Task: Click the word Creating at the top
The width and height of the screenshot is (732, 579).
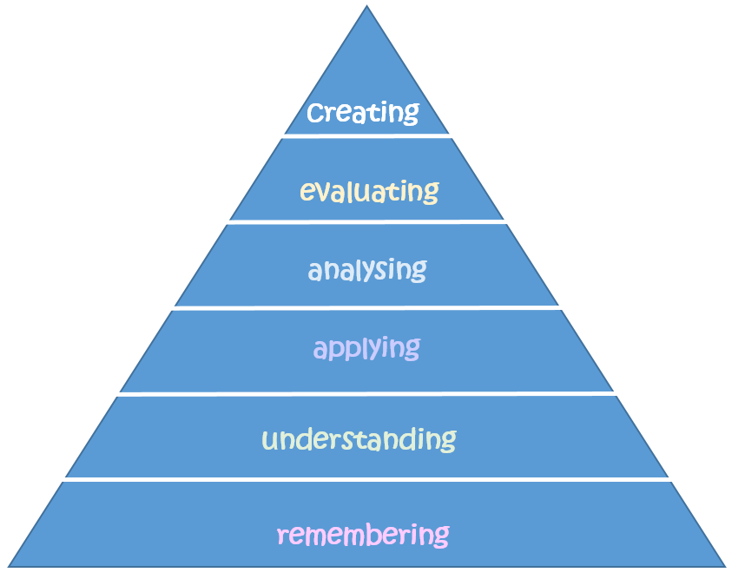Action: [x=363, y=112]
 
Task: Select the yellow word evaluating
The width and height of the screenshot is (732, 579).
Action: [x=369, y=191]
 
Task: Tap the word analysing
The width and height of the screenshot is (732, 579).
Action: [x=366, y=270]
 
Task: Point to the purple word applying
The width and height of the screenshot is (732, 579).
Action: [x=366, y=349]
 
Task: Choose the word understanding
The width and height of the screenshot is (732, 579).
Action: [x=359, y=438]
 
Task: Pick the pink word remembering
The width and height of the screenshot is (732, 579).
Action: [x=363, y=533]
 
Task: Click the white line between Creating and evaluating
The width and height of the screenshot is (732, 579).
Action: [x=366, y=135]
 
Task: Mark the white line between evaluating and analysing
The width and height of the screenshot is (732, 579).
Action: [x=366, y=222]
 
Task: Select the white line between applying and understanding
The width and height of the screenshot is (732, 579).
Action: [x=366, y=394]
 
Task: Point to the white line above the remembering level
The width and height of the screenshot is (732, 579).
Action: [x=366, y=479]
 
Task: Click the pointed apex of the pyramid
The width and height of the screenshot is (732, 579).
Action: [x=366, y=8]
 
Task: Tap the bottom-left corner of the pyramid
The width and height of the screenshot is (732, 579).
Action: [x=9, y=566]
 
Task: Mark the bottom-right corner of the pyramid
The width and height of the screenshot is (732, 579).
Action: [x=724, y=566]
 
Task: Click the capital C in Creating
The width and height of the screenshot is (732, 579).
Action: [x=318, y=113]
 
